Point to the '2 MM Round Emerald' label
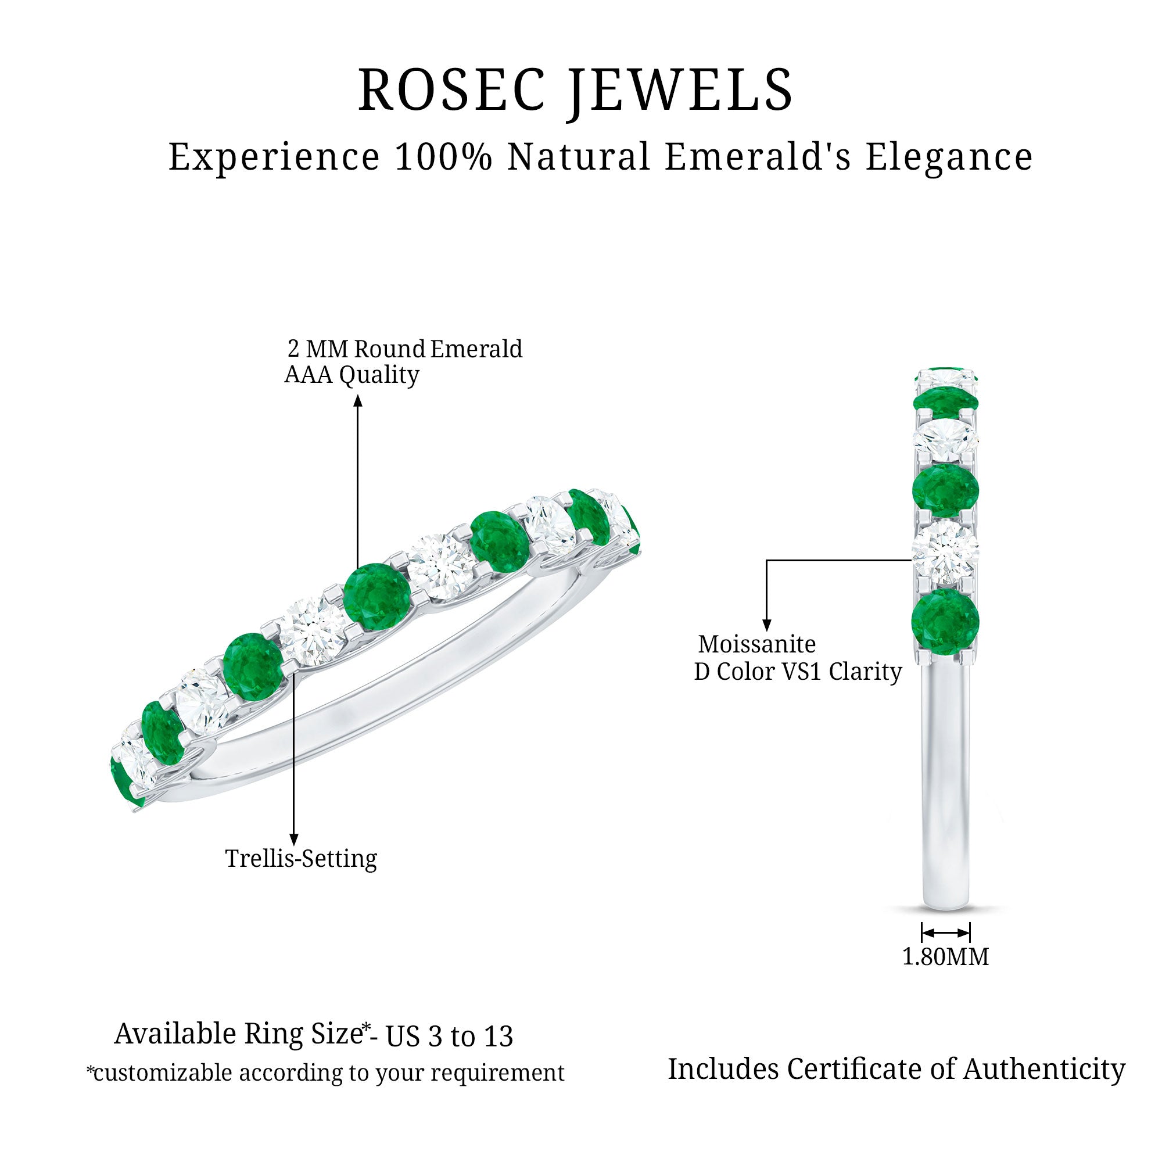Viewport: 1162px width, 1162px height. pos(405,349)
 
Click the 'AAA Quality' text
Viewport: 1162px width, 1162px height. pos(352,375)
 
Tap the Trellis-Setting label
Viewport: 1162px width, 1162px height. pos(301,858)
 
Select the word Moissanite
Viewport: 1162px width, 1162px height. pos(756,644)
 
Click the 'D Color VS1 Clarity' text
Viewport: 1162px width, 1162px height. pos(798,671)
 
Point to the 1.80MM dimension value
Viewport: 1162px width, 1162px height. pos(945,956)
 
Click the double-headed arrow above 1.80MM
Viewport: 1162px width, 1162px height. pos(945,933)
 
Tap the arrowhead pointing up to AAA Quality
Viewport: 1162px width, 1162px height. pos(358,400)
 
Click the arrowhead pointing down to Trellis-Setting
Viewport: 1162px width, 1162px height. pos(293,840)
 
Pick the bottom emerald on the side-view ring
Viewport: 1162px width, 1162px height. pos(945,621)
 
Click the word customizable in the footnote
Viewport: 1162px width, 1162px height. pos(162,1073)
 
